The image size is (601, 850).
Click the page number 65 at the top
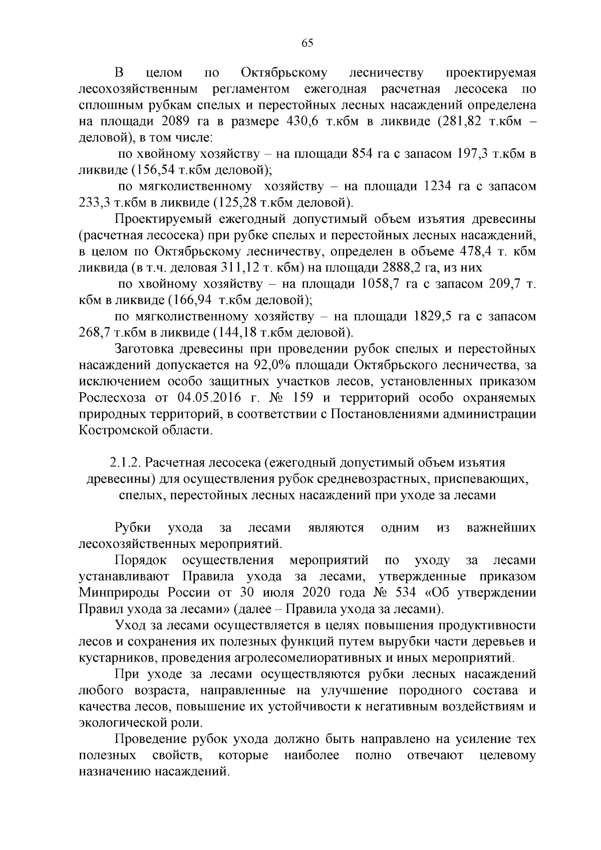click(308, 43)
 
